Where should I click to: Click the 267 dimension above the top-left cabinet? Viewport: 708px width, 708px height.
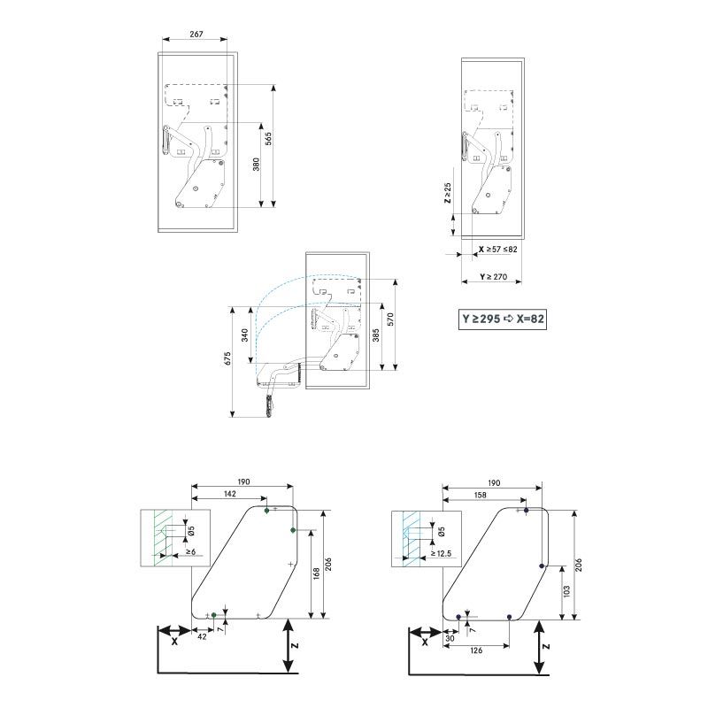tap(196, 35)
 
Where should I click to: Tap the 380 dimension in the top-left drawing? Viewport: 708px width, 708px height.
tap(255, 165)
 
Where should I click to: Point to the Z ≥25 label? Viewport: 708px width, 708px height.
tap(448, 194)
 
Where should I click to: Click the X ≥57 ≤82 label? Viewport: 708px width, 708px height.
tap(497, 250)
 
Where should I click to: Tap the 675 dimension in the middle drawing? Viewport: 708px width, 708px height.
tap(227, 358)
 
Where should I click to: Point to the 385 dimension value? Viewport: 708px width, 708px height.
tap(377, 336)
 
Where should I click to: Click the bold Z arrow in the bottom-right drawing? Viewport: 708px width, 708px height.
tap(541, 647)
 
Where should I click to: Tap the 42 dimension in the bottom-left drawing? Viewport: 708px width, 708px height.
tap(202, 635)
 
